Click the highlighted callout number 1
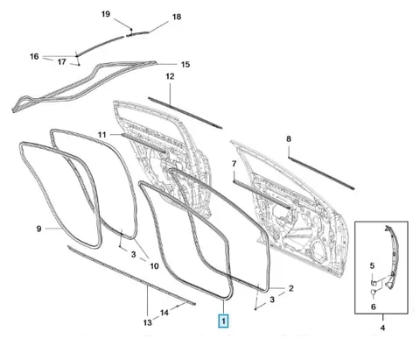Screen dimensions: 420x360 click(223, 321)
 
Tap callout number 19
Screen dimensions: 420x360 click(106, 14)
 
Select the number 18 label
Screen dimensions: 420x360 click(177, 17)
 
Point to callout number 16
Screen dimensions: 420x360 click(34, 56)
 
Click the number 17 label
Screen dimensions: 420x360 click(62, 62)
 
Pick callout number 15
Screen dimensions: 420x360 click(185, 64)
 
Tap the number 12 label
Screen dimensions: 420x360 click(170, 76)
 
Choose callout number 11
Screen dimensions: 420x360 click(101, 135)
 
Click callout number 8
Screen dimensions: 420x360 click(289, 138)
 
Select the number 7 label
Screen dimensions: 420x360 click(234, 164)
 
